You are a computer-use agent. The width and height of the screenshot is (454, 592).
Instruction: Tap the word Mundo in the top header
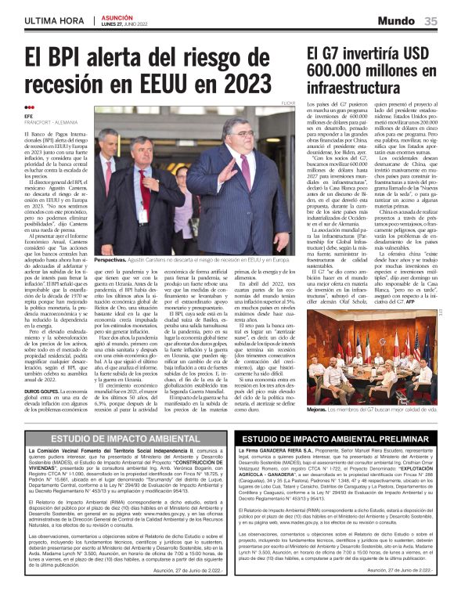pos(398,21)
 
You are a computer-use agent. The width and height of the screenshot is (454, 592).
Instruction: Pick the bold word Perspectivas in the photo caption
pos(110,259)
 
